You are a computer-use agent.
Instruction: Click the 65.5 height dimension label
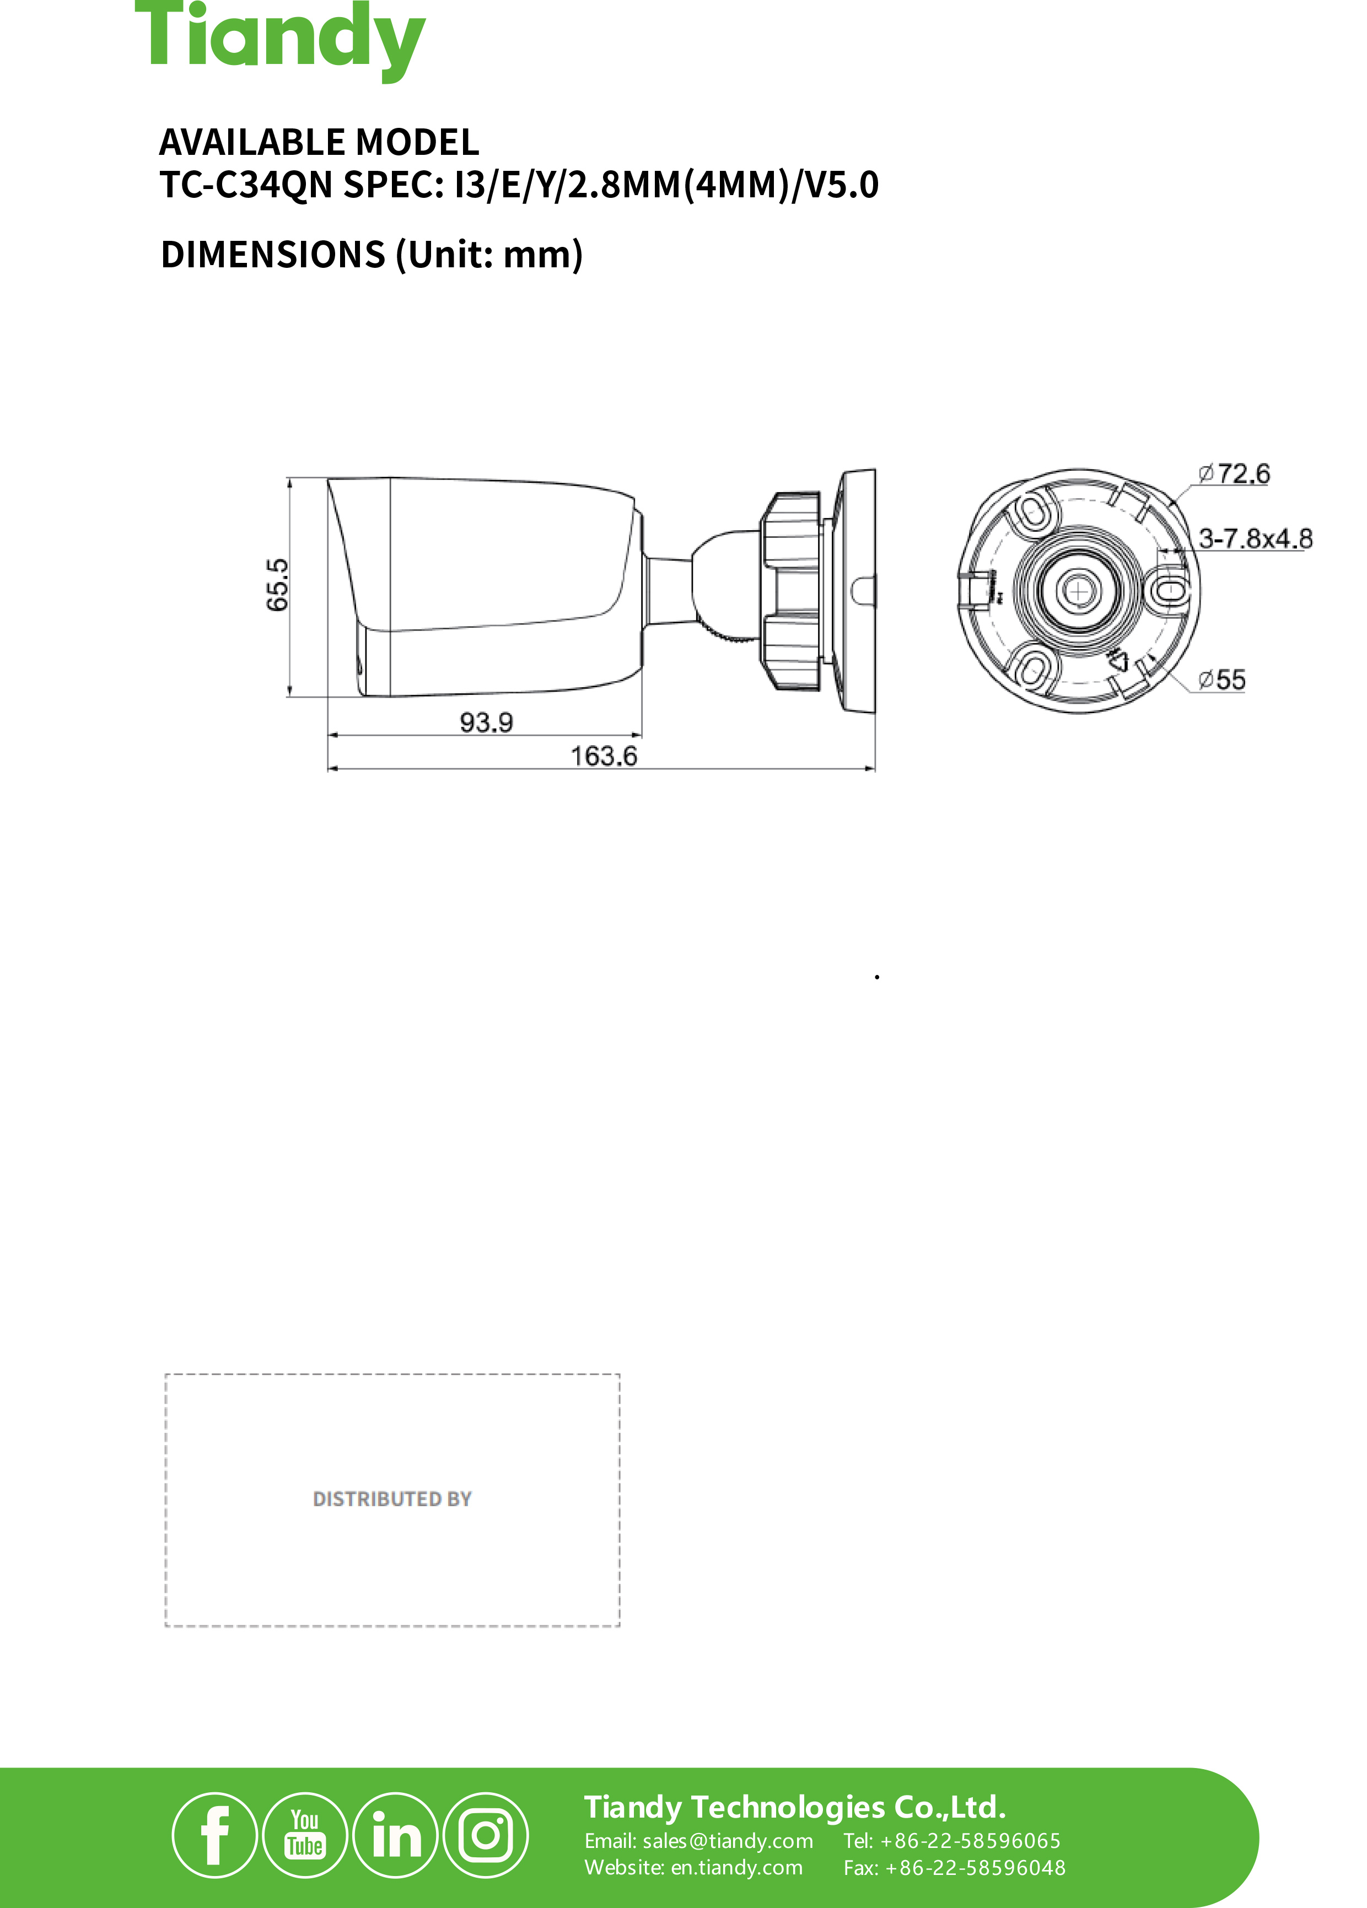tap(277, 585)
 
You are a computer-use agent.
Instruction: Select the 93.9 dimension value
tap(486, 722)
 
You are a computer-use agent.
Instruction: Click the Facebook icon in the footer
tap(214, 1835)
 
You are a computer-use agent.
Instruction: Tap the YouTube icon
tap(304, 1835)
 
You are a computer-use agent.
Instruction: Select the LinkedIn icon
tap(395, 1835)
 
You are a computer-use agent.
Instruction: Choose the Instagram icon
tap(486, 1835)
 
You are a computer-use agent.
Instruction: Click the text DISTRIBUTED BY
tap(392, 1499)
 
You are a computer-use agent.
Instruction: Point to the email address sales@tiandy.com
tap(727, 1841)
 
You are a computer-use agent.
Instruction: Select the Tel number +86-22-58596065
tap(969, 1841)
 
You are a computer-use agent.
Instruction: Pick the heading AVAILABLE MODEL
tap(319, 142)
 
